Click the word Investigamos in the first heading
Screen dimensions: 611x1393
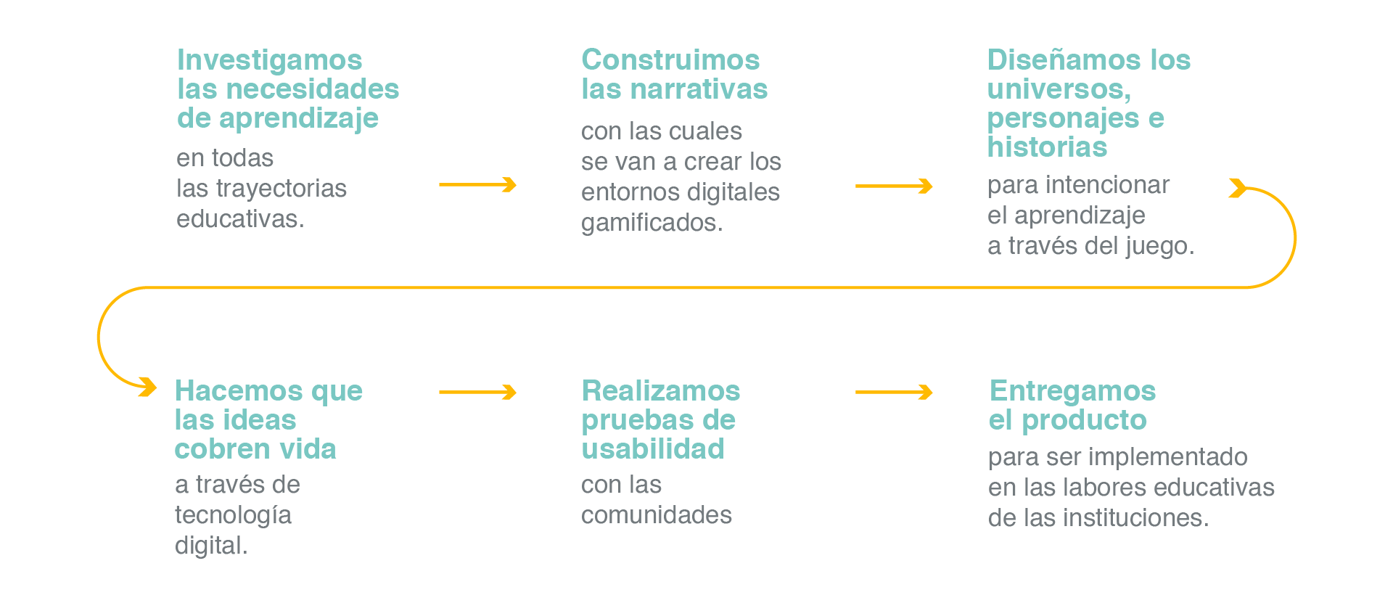[269, 61]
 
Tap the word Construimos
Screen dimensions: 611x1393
[670, 60]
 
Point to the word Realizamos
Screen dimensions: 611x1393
[661, 391]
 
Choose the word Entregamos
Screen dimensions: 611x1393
[1072, 391]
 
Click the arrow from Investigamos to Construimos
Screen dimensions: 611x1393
[477, 185]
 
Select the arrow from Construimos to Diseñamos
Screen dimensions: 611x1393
[894, 186]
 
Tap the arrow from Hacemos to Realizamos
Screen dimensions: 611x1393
[477, 393]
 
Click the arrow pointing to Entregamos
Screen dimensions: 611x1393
[894, 393]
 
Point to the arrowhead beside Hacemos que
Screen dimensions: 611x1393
[148, 387]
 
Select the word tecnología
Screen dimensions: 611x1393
[233, 516]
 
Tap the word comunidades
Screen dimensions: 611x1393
[657, 515]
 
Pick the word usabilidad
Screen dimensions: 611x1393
[653, 449]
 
